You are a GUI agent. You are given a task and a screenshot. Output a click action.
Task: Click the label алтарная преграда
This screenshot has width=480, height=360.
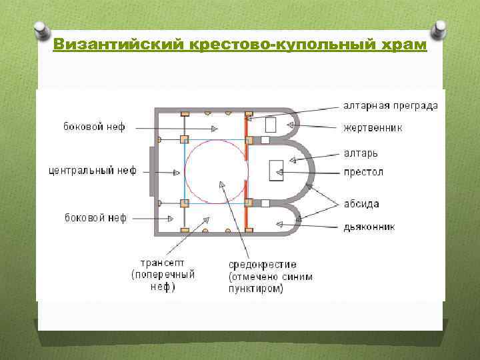(x=391, y=105)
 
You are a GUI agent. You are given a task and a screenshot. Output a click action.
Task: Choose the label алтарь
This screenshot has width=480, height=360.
(x=361, y=153)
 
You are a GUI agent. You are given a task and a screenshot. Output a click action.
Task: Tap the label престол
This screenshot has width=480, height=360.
(x=363, y=172)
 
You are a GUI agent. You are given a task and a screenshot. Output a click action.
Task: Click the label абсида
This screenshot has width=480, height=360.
(x=361, y=204)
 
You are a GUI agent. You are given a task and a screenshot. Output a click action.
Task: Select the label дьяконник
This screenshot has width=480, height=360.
(x=369, y=227)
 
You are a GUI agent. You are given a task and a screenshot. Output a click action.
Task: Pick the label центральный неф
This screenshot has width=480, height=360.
(x=92, y=171)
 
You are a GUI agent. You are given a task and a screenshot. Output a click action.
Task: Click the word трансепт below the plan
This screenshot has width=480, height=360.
(x=163, y=263)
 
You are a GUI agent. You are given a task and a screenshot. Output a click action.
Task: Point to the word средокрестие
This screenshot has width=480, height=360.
(x=263, y=265)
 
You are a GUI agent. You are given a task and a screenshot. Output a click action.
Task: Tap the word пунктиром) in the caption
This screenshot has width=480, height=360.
(x=256, y=289)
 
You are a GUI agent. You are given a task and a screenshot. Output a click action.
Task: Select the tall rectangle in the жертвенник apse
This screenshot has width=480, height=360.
(x=271, y=125)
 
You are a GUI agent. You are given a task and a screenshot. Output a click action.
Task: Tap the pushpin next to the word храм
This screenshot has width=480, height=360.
(x=439, y=29)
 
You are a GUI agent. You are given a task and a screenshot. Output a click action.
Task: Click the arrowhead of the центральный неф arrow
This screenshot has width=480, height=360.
(x=177, y=172)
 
